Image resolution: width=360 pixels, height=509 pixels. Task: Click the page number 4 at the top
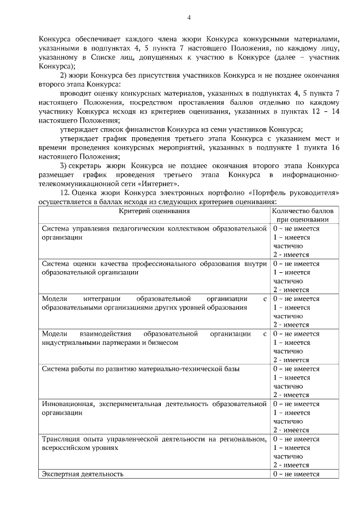pyautogui.click(x=189, y=17)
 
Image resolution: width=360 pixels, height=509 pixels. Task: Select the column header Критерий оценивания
pyautogui.click(x=154, y=211)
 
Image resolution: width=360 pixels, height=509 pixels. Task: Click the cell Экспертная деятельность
pyautogui.click(x=83, y=474)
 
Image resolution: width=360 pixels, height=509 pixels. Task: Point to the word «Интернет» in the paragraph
pyautogui.click(x=163, y=183)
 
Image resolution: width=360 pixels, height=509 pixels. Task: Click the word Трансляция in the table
pyautogui.click(x=62, y=439)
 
